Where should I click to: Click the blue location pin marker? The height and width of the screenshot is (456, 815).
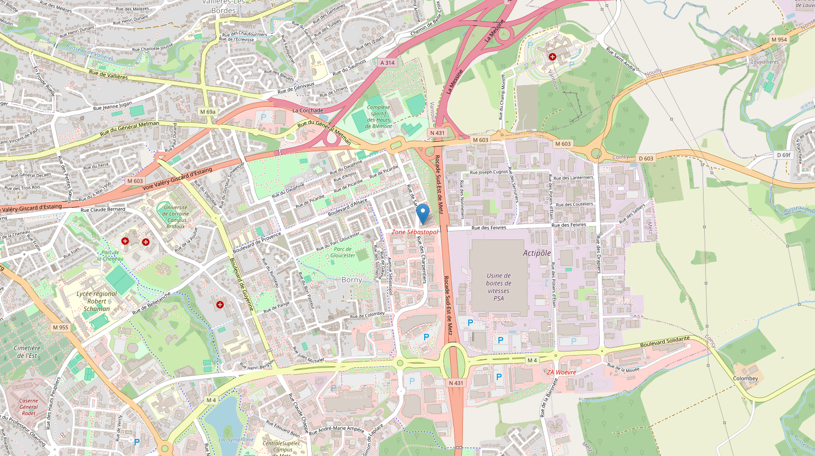(x=423, y=213)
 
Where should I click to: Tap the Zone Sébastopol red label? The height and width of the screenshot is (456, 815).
(x=415, y=232)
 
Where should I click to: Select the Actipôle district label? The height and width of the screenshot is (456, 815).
(x=537, y=253)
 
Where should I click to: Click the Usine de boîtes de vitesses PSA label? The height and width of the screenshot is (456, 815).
(x=498, y=287)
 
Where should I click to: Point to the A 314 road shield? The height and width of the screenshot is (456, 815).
(x=388, y=63)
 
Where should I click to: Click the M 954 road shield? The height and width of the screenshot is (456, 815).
(x=779, y=40)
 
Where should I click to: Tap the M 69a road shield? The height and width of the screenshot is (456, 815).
(x=208, y=112)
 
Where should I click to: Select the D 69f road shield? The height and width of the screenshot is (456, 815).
(x=783, y=155)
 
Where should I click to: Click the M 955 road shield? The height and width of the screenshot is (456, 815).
(x=60, y=328)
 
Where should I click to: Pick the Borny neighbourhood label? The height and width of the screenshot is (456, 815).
(x=352, y=280)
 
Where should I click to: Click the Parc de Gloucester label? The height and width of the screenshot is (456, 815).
(x=343, y=252)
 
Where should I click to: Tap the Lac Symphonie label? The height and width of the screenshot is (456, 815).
(x=236, y=440)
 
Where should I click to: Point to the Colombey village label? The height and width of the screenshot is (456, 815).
(x=745, y=378)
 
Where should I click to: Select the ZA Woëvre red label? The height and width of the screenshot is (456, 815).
(x=562, y=372)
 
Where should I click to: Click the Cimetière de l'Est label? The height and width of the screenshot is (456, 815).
(x=26, y=351)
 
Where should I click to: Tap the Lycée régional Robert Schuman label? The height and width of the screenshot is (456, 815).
(x=97, y=301)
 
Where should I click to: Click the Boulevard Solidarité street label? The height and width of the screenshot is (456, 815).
(x=665, y=342)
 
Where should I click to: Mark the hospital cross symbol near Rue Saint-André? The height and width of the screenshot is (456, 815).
(x=552, y=56)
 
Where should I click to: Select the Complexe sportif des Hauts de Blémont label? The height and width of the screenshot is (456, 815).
(x=379, y=116)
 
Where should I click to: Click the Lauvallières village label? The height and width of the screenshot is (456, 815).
(x=765, y=62)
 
